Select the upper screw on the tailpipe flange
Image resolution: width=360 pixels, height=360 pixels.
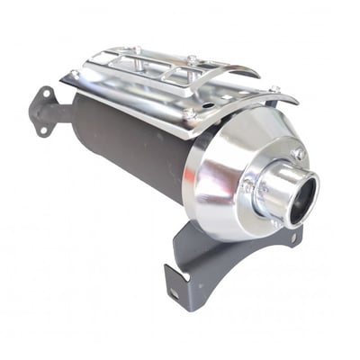298,154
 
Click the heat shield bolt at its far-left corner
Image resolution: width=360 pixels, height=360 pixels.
74,75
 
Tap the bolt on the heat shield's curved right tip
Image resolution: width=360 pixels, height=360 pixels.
275,89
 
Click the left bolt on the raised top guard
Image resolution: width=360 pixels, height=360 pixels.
137,49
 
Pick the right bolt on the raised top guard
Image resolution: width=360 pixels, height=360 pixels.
192,59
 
